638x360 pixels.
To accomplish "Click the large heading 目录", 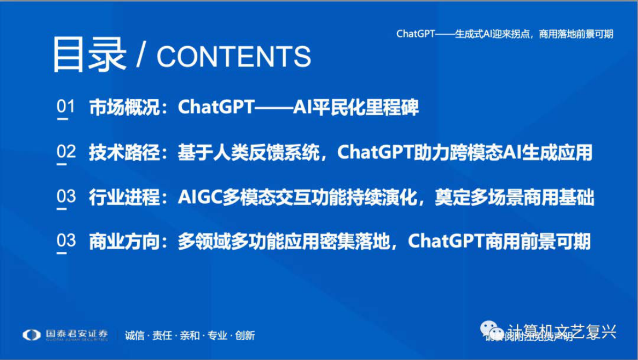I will tap(89, 55).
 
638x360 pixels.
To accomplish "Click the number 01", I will tap(66, 107).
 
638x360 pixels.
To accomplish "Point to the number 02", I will tap(66, 152).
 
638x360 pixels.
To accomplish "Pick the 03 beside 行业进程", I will tap(66, 197).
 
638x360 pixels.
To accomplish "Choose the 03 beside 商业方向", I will tap(66, 242).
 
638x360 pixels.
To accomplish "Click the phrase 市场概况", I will tap(124, 108).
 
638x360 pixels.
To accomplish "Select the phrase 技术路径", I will tap(124, 153).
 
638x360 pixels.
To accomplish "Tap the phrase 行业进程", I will tap(124, 198).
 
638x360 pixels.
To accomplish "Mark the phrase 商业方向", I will tap(124, 242).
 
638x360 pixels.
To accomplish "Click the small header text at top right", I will tap(505, 34).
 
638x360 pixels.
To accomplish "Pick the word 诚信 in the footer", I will tap(133, 336).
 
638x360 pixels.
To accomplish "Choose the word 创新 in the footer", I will tap(245, 336).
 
